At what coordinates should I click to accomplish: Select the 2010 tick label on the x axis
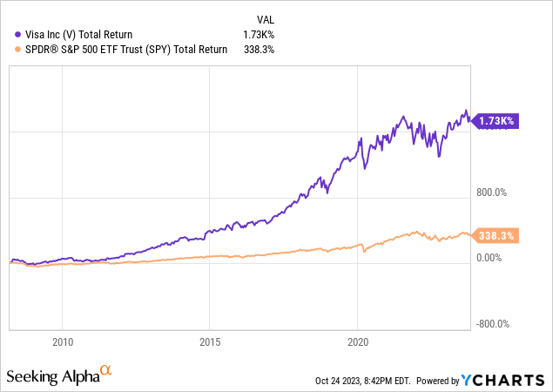point(63,341)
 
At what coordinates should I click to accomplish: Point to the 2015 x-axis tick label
point(210,341)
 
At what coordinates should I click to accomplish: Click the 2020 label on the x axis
point(358,341)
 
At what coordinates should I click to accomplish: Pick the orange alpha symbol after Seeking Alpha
point(105,372)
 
